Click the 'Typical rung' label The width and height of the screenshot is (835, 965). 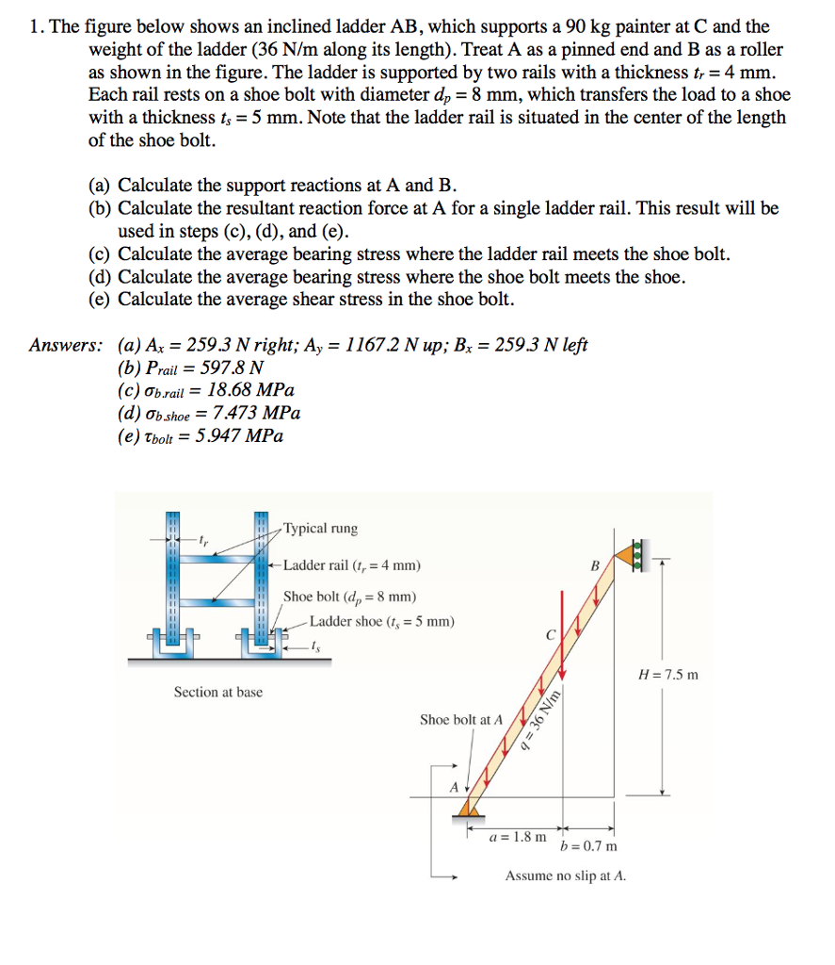(x=320, y=529)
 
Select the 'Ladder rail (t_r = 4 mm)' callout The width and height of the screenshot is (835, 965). (x=352, y=565)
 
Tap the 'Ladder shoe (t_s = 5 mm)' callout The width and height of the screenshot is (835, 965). (x=381, y=621)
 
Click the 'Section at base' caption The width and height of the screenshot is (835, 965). (x=218, y=693)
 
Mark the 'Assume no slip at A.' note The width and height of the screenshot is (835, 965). (x=565, y=875)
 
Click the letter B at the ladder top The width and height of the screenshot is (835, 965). (x=594, y=567)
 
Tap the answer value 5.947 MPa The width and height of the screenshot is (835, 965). (x=239, y=435)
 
